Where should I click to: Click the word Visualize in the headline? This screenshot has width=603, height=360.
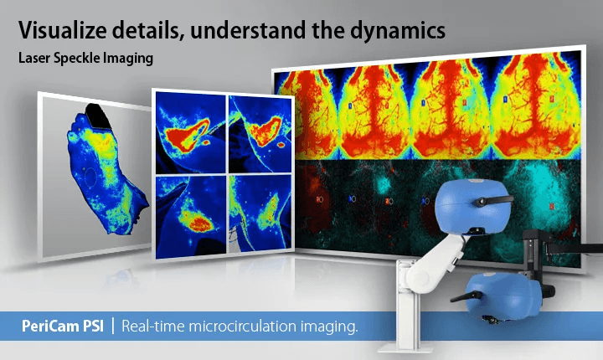[x=62, y=30]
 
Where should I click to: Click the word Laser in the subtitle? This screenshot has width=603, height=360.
[x=34, y=58]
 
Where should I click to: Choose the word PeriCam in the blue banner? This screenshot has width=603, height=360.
[x=50, y=327]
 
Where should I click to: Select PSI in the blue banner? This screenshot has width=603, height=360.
[x=93, y=327]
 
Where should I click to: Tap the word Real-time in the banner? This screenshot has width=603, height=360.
[x=153, y=327]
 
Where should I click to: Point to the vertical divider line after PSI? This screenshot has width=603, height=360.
[x=113, y=326]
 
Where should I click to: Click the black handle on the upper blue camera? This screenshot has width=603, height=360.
[x=493, y=200]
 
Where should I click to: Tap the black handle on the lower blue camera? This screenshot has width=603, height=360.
[x=466, y=296]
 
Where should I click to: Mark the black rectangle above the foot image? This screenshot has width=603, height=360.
[x=97, y=116]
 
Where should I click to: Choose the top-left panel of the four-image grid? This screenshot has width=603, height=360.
[x=190, y=132]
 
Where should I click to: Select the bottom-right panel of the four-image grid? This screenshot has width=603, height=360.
[x=260, y=213]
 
